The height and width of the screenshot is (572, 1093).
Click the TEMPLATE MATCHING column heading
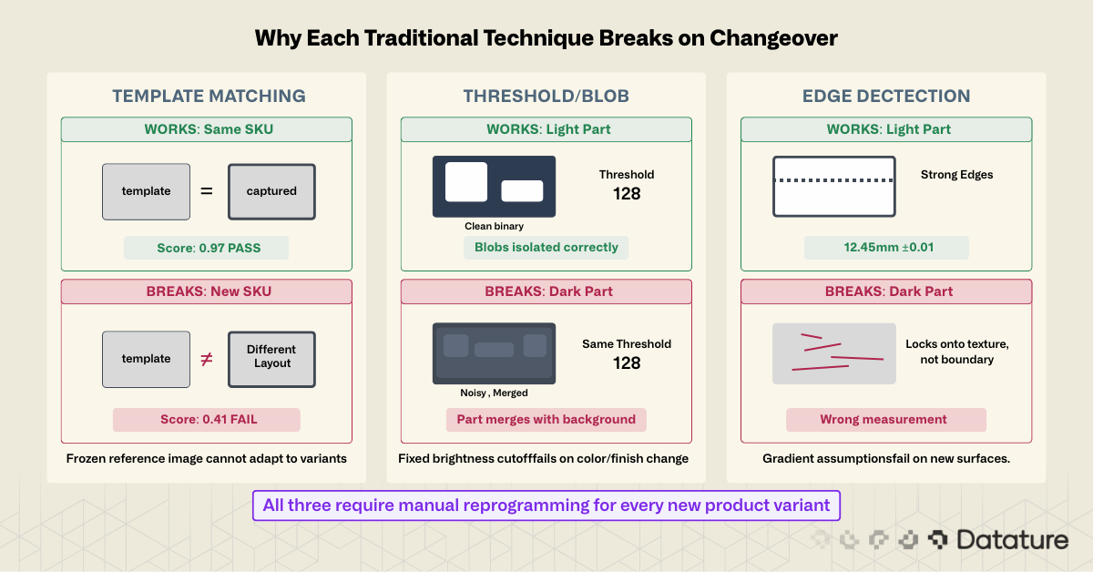209,96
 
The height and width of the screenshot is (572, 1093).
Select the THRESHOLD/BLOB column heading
546,96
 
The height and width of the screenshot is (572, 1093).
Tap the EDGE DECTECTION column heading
885,96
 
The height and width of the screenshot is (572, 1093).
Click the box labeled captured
271,191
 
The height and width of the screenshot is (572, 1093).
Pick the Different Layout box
271,358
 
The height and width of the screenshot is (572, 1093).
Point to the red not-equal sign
207,358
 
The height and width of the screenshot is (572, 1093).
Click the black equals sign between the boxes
207,191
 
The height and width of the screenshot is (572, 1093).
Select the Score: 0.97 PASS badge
206,248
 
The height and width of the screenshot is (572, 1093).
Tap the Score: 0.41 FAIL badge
206,420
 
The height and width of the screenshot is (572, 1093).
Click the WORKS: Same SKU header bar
207,129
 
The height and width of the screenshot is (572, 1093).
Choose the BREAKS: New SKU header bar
207,291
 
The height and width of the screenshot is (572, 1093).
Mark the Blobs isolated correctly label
546,247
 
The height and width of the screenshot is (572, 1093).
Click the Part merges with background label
546,420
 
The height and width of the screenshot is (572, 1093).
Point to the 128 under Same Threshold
627,363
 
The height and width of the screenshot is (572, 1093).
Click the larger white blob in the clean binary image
465,181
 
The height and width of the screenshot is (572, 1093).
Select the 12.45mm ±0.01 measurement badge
885,248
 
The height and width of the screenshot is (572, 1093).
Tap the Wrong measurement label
885,420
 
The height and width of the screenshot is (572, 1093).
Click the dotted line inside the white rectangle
833,181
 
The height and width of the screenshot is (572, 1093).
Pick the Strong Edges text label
956,174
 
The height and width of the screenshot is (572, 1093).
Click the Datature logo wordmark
1011,540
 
